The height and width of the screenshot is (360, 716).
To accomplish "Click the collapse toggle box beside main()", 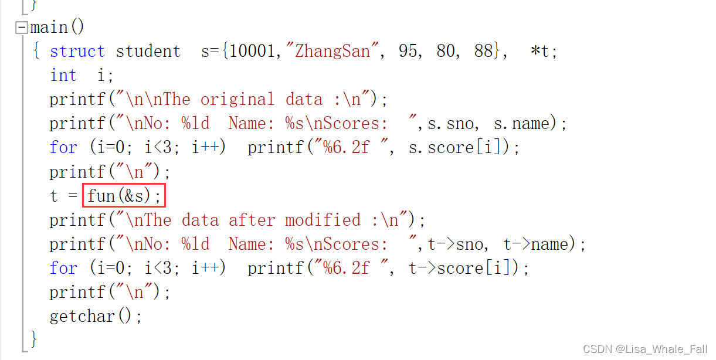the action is click(22, 28).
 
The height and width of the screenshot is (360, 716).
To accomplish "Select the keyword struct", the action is click(77, 52).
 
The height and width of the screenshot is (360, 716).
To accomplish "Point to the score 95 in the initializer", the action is click(408, 52).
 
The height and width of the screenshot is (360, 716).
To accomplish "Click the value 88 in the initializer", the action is click(484, 52).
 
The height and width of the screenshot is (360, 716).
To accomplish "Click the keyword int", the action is click(63, 76).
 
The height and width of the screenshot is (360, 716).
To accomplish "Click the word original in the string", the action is click(237, 100).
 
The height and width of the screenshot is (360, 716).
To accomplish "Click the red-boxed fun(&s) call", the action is click(124, 196).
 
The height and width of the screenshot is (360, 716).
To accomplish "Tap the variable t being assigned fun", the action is click(54, 196).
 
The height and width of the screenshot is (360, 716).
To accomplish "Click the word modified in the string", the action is click(323, 220).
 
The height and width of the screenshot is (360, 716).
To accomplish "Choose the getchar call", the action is click(95, 317).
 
